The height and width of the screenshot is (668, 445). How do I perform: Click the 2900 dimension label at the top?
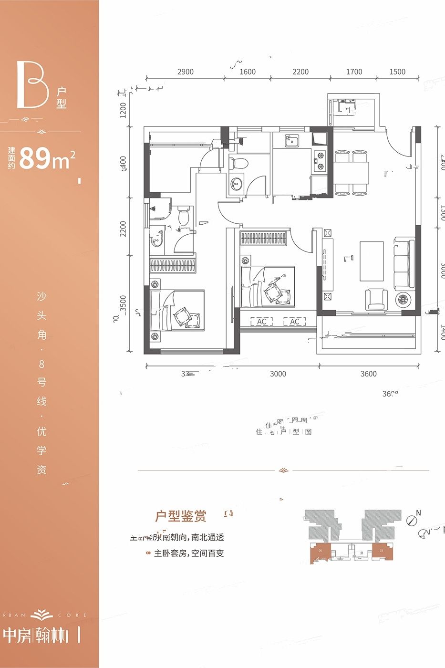click(x=185, y=72)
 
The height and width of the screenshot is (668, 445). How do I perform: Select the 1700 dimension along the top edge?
click(x=354, y=72)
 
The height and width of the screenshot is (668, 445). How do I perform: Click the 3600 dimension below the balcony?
click(x=368, y=374)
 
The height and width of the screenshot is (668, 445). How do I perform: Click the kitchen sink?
click(x=291, y=141)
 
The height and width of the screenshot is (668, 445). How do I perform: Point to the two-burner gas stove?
click(x=319, y=160)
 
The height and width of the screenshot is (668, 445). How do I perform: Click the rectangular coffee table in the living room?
click(x=372, y=261)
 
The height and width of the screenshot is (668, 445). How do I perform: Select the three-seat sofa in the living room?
click(x=401, y=263)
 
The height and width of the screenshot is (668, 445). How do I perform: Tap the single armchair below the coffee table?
click(x=377, y=299)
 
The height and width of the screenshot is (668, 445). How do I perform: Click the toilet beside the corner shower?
click(x=184, y=217)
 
